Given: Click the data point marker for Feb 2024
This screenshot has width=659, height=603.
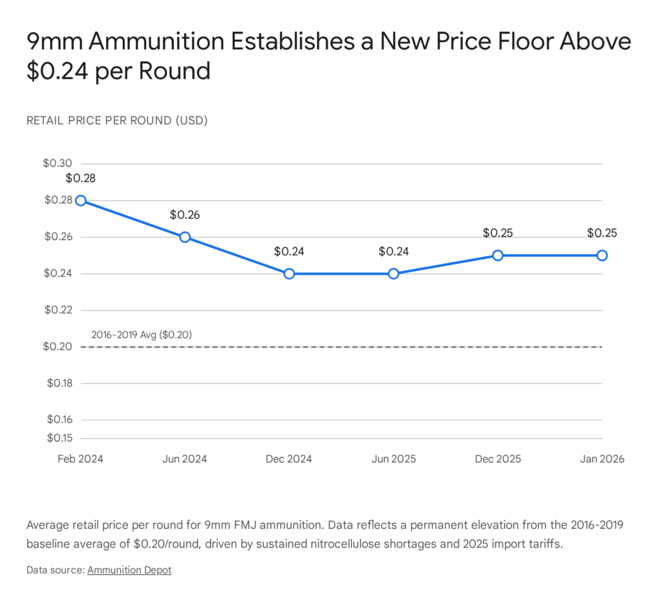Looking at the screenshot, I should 80,200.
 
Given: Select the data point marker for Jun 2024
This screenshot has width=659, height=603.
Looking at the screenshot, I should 185,237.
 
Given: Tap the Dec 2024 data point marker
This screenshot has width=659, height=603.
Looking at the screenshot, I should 289,274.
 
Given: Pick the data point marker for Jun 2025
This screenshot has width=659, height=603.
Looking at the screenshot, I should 394,274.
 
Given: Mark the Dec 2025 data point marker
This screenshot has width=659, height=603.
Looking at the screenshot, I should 497,255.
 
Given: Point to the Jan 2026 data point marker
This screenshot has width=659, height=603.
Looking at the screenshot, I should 602,255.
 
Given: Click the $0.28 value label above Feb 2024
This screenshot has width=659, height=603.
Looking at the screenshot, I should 80,178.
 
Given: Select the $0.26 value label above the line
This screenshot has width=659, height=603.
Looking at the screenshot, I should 185,215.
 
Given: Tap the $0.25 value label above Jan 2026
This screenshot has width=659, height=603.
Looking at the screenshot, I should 602,233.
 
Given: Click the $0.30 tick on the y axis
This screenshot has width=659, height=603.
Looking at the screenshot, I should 58,163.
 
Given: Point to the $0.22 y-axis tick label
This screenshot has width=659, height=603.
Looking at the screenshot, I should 58,310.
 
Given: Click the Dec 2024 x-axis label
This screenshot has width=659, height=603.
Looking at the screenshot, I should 289,459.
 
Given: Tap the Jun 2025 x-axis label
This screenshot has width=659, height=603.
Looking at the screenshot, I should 394,459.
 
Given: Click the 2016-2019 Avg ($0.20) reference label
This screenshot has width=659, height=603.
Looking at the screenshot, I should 142,335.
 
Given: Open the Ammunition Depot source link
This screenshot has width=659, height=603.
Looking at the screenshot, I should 129,570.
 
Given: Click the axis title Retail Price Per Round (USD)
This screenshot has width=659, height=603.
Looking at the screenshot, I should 117,121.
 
